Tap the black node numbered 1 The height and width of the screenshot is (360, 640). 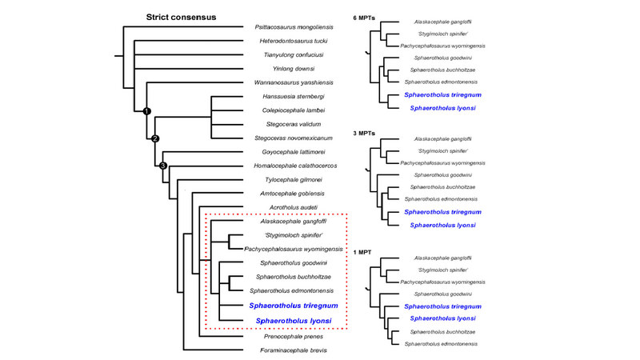(x=146, y=110)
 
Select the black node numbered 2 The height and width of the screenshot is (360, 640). (x=156, y=138)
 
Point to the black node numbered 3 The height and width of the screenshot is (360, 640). (x=163, y=166)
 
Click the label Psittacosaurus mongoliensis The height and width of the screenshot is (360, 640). (x=294, y=27)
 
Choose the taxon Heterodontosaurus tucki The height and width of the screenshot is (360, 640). (x=294, y=41)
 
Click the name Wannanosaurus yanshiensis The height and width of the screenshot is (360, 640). (x=293, y=82)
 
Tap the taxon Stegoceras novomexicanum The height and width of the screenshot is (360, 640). (x=294, y=138)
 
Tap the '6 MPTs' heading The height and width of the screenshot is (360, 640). (x=367, y=18)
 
